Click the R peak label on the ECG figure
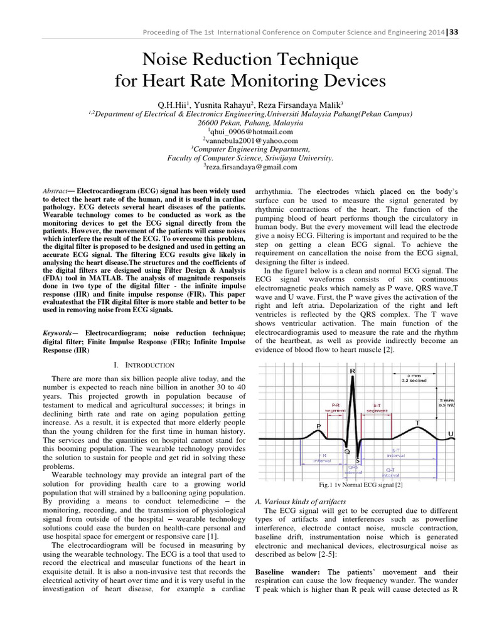coord(353,371)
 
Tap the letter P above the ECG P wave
coord(318,426)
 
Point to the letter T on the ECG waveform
coord(417,423)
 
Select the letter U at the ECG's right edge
coord(450,433)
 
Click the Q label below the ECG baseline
coord(346,450)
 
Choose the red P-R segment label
coord(331,408)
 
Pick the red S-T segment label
coord(376,408)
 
